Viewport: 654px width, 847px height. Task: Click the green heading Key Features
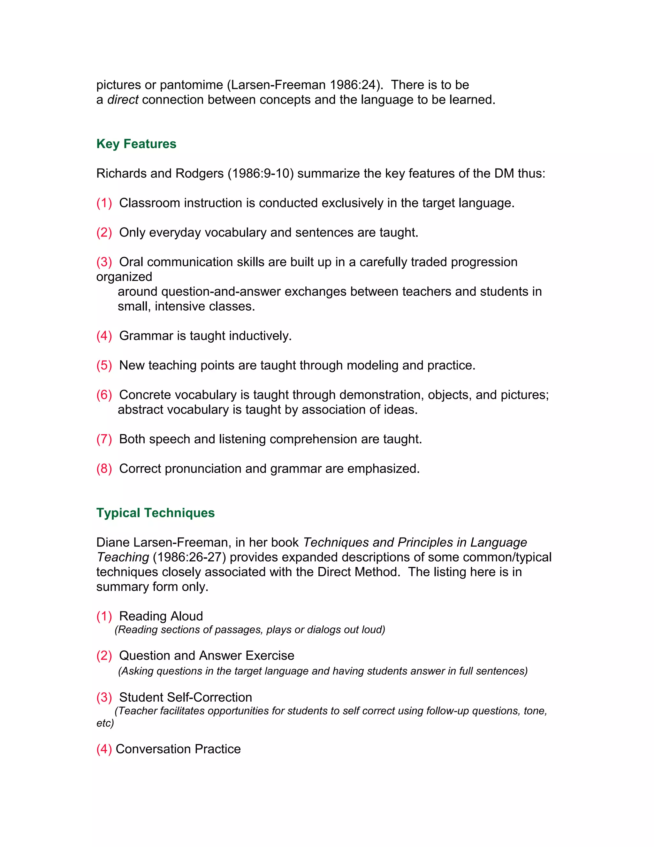(136, 144)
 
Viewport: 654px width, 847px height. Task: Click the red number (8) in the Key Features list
(104, 469)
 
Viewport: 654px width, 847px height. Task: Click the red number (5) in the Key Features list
(104, 365)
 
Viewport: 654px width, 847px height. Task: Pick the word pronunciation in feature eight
(203, 469)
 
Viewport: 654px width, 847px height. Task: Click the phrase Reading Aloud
(161, 616)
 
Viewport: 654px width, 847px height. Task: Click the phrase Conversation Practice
(178, 749)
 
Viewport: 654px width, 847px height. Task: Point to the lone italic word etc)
(105, 723)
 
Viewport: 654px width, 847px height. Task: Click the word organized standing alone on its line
(124, 276)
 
